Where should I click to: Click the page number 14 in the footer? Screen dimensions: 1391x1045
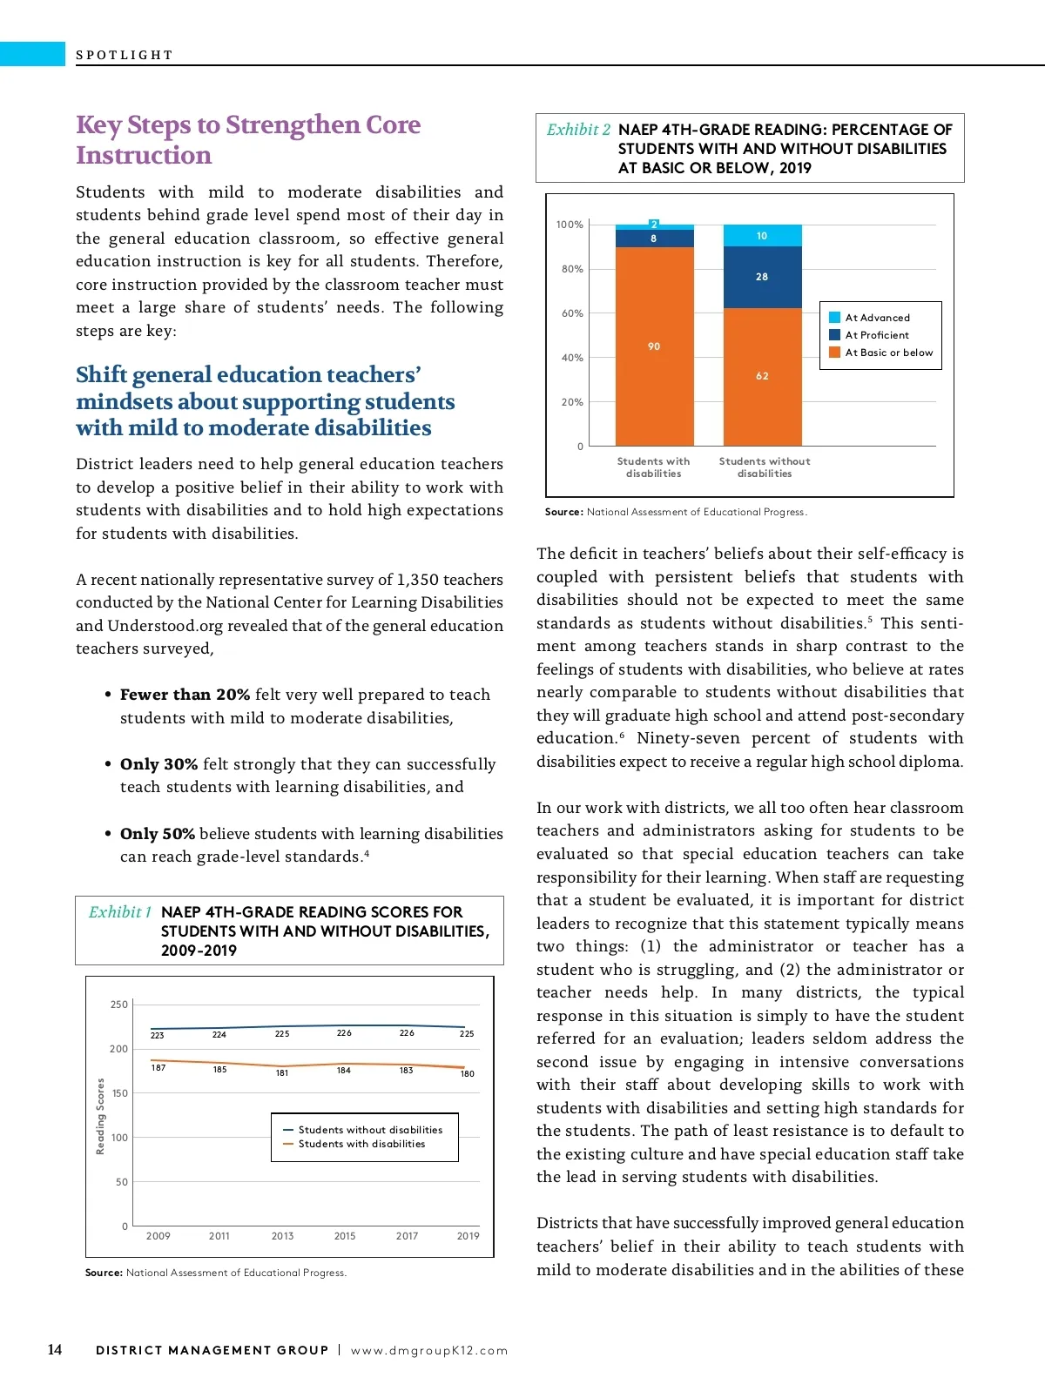(55, 1349)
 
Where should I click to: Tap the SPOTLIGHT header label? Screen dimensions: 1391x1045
(125, 55)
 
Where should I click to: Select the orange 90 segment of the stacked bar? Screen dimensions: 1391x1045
(654, 346)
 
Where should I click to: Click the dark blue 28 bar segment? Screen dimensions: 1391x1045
(762, 277)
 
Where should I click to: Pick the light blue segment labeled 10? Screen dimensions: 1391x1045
(762, 236)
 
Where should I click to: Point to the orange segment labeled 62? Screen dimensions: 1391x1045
(762, 376)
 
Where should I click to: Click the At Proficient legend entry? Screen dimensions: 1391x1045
(876, 335)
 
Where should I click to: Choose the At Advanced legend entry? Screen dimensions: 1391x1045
(876, 318)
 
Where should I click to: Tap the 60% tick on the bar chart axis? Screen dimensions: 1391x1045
(572, 313)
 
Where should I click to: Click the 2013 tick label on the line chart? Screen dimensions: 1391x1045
(282, 1236)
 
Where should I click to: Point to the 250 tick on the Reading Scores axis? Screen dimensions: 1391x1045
(119, 1005)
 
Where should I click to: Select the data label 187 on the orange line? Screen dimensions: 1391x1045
(158, 1068)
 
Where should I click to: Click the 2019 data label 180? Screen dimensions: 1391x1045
(468, 1074)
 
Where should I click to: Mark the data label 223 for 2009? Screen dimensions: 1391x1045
(158, 1036)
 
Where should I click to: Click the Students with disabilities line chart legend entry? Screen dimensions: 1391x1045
(361, 1144)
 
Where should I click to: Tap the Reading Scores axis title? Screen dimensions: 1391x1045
(100, 1116)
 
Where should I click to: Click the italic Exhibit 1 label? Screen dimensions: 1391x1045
(120, 912)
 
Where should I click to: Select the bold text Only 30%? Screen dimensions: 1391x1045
(158, 764)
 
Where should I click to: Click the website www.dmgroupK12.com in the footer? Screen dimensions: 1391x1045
(429, 1351)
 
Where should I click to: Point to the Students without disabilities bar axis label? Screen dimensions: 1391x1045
(765, 467)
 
